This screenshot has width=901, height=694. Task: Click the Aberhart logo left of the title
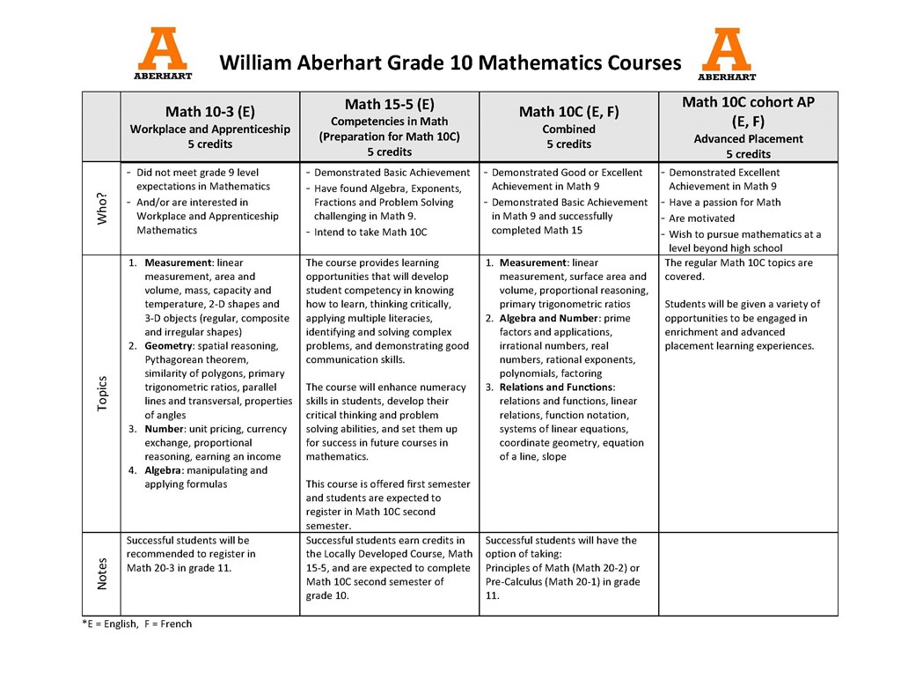point(163,54)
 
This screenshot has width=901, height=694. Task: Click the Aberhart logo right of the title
point(727,54)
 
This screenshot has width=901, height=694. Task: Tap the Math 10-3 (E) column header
point(209,112)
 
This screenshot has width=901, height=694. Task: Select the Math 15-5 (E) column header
point(389,105)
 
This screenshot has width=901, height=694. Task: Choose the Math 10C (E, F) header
point(568,112)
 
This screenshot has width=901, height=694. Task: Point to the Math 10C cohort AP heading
point(748,102)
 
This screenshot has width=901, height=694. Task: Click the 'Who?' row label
point(102,209)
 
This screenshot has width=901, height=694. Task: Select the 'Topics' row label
point(102,393)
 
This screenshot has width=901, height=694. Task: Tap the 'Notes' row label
point(102,573)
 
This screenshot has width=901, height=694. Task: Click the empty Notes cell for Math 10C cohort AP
point(748,573)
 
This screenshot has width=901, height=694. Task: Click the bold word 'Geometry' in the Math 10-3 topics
point(168,346)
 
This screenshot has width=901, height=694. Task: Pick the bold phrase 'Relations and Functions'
point(556,388)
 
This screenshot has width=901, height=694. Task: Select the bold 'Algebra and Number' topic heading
point(550,318)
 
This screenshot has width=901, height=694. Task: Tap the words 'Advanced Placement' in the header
point(748,139)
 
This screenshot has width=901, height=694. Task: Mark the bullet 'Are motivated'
point(702,218)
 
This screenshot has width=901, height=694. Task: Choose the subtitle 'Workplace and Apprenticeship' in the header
point(209,129)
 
